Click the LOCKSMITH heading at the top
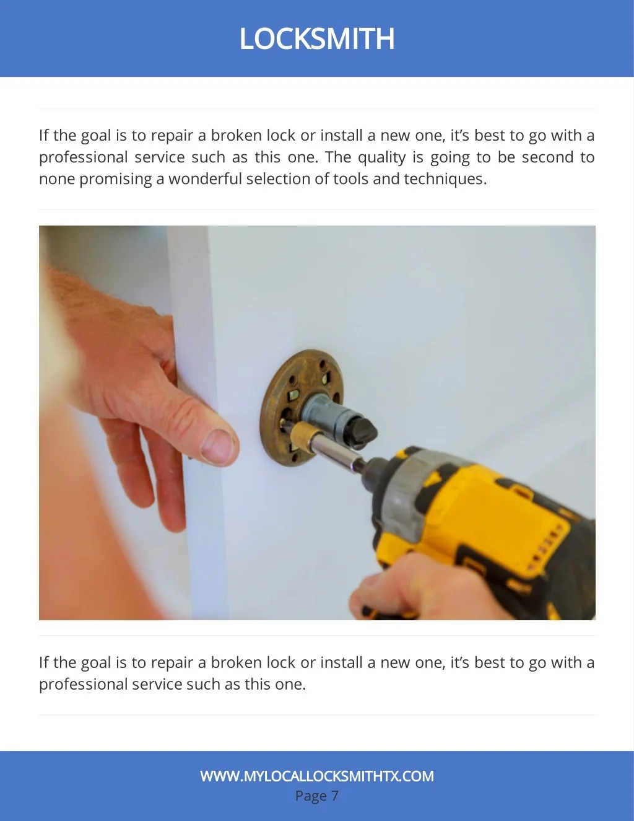[x=317, y=38]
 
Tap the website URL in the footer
[x=317, y=776]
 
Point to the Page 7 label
[x=317, y=796]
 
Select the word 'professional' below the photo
[x=83, y=685]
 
